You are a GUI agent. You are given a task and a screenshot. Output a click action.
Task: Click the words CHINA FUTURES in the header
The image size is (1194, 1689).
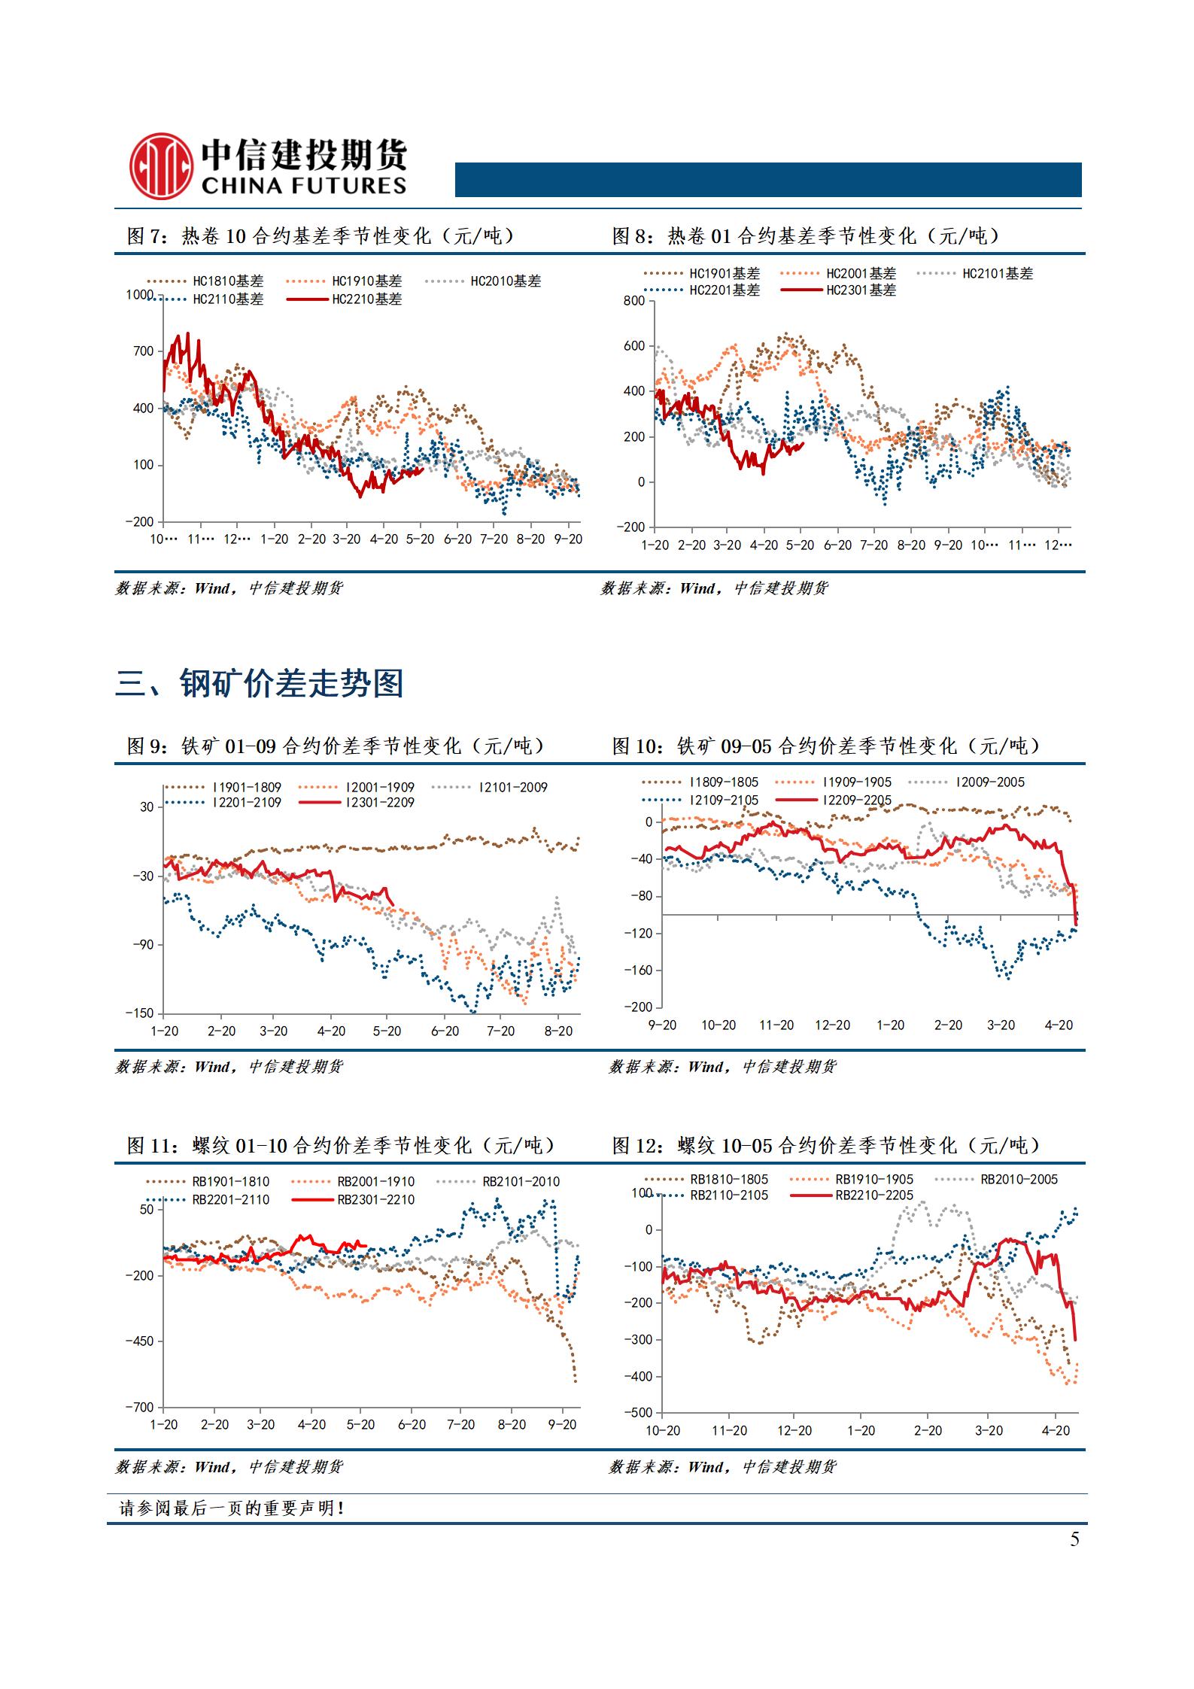coord(304,186)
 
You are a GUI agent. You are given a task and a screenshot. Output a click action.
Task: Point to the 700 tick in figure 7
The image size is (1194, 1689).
coord(143,351)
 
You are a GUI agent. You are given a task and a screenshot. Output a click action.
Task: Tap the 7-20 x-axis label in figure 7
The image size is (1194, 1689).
coord(494,539)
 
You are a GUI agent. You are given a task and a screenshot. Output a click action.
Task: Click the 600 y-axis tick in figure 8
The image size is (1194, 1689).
coord(635,346)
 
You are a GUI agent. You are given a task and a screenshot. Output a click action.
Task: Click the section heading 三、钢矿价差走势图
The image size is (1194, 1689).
coord(260,684)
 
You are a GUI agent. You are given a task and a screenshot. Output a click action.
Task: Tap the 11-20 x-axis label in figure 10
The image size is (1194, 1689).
coord(776,1025)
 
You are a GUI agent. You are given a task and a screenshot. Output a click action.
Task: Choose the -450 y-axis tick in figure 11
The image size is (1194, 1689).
coord(139,1341)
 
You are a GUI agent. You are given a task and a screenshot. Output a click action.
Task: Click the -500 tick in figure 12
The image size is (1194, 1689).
coord(637,1414)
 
